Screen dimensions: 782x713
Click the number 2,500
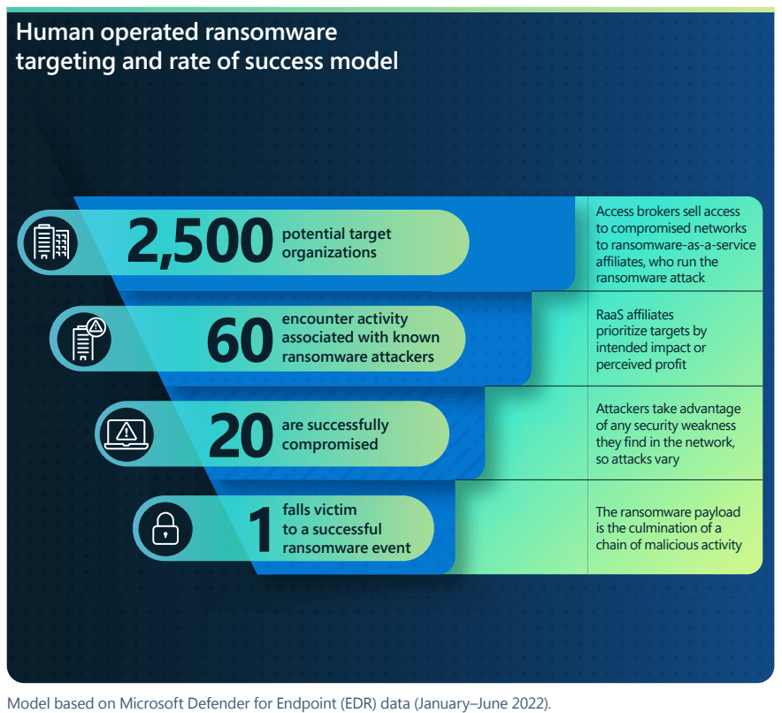click(200, 241)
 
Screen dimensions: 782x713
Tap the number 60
click(240, 341)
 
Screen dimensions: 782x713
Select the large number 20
click(241, 434)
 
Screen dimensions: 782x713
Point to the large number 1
click(260, 529)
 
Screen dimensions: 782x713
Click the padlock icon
click(165, 528)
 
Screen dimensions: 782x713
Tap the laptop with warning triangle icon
click(126, 433)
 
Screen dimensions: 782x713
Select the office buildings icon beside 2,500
click(51, 242)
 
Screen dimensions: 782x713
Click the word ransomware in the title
click(272, 33)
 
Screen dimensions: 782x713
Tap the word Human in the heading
click(55, 33)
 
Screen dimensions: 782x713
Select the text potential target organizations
click(337, 242)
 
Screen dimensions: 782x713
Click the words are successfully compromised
click(335, 434)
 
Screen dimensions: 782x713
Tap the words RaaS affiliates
click(635, 315)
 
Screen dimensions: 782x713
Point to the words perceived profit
click(640, 365)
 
